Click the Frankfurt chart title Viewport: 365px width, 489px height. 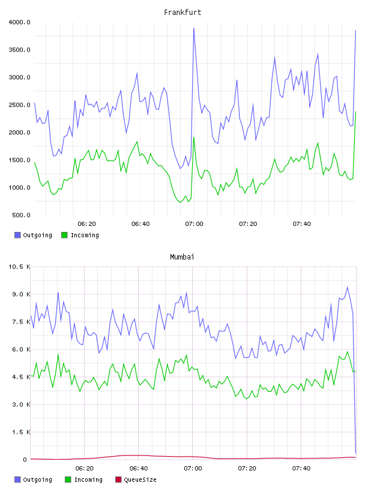(182, 12)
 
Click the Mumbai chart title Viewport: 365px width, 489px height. (182, 256)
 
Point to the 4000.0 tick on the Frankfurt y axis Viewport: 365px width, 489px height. (19, 22)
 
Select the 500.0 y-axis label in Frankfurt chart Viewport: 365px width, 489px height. (21, 215)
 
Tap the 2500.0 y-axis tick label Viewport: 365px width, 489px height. (19, 105)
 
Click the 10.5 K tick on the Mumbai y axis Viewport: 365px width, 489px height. (19, 267)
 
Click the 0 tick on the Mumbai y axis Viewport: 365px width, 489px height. (25, 460)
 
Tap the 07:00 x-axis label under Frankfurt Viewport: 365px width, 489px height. (194, 224)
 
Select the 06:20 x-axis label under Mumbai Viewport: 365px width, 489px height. (85, 468)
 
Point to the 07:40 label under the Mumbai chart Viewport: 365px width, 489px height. (301, 468)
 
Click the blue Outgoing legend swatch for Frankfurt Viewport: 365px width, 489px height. (17, 235)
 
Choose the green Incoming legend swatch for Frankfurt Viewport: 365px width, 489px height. (64, 235)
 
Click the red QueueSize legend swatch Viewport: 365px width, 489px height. (118, 479)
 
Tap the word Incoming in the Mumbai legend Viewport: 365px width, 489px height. (88, 479)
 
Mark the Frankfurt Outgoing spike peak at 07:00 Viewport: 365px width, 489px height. (194, 28)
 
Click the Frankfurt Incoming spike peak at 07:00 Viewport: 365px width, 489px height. (194, 138)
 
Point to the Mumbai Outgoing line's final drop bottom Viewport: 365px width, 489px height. (355, 453)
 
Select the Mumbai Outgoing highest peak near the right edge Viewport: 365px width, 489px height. (347, 287)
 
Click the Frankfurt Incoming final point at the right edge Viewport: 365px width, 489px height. (355, 111)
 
